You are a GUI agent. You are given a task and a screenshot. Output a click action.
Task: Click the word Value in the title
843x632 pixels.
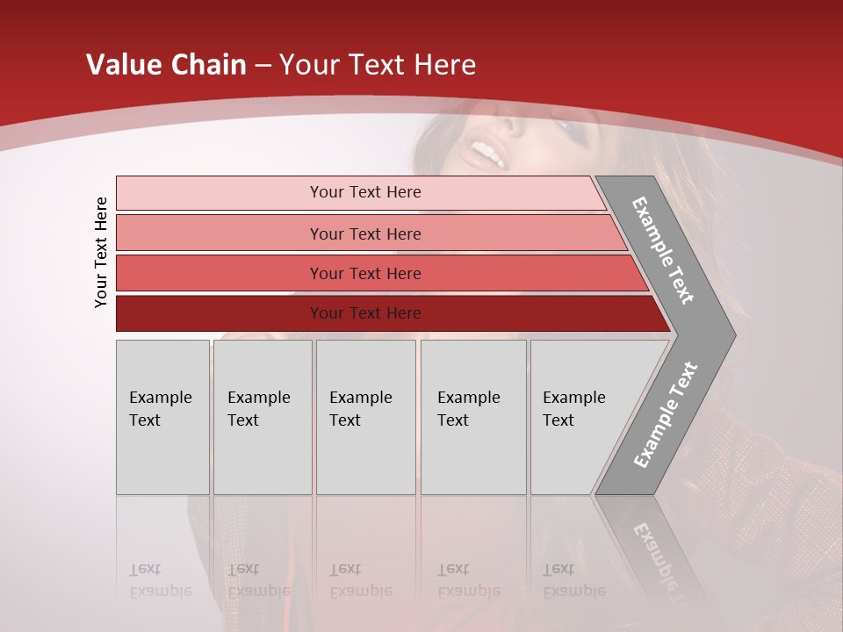point(123,65)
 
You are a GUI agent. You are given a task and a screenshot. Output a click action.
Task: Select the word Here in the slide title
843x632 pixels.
point(444,65)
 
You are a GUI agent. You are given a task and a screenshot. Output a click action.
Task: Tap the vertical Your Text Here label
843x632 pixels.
point(101,252)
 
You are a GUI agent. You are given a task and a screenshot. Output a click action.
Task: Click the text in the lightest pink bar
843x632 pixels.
point(365,192)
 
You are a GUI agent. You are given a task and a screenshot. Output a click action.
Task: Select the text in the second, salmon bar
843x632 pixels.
point(365,233)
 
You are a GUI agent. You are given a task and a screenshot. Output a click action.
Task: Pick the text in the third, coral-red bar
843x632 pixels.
point(365,273)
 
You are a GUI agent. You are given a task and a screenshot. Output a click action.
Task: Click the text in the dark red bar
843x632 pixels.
point(365,312)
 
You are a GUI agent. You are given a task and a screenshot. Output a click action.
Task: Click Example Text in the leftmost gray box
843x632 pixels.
point(160,408)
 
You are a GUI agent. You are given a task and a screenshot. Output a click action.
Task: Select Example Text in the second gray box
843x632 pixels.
point(258,408)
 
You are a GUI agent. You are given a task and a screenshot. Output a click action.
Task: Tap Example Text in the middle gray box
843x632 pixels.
point(360,408)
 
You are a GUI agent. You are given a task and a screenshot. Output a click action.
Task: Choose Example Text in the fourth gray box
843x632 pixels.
point(468,408)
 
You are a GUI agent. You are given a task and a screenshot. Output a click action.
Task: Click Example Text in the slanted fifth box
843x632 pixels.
point(573,408)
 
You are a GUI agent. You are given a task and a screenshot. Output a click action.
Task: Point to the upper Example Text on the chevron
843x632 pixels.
point(663,250)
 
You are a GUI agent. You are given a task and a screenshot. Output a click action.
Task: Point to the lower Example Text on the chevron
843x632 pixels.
point(665,415)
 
